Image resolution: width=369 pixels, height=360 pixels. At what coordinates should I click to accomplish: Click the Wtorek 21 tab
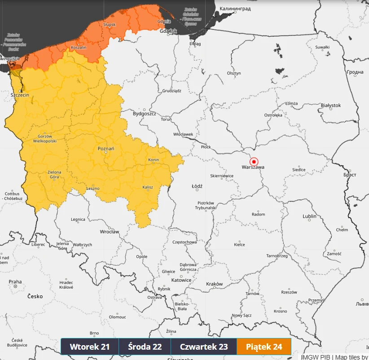90,347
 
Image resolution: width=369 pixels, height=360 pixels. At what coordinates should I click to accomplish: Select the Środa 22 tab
145,347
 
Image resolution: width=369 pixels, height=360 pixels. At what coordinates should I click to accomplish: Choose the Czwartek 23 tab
203,347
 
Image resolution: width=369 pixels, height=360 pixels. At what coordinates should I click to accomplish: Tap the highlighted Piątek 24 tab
264,347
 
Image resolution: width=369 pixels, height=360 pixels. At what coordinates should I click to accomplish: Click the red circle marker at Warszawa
254,162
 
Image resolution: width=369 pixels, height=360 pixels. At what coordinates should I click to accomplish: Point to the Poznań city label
106,148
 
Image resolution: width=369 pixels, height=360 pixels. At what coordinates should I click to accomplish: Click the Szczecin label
20,95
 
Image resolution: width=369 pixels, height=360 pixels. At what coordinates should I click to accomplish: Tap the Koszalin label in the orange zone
79,48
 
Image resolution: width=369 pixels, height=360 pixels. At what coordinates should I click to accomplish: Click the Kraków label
214,284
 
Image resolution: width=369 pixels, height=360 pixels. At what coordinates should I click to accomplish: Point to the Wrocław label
110,232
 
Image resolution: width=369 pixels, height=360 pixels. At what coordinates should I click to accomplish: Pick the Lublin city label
309,216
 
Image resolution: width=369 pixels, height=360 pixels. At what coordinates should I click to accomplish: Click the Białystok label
331,105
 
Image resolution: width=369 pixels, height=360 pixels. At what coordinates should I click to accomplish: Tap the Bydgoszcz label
144,114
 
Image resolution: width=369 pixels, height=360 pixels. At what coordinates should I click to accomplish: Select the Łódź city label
197,186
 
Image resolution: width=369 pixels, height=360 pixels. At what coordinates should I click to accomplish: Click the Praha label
15,282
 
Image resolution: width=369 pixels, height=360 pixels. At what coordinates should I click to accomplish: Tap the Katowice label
182,280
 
